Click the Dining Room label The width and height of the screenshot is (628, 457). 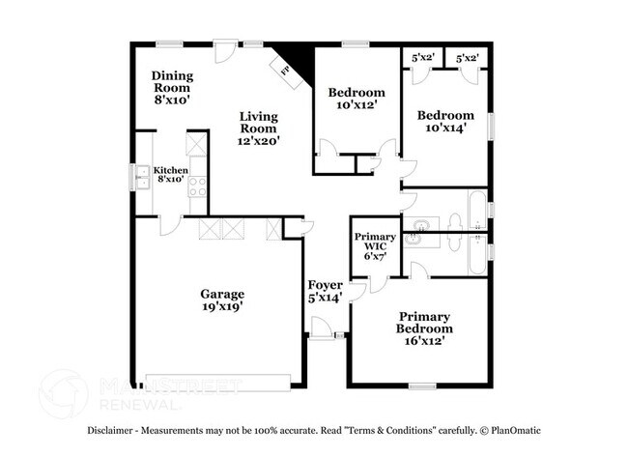pyautogui.click(x=172, y=87)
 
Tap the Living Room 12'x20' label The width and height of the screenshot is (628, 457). pyautogui.click(x=259, y=128)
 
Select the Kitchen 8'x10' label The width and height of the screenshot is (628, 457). pyautogui.click(x=171, y=174)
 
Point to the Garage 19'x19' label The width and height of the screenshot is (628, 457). pyautogui.click(x=222, y=300)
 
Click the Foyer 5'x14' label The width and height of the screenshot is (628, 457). pyautogui.click(x=326, y=292)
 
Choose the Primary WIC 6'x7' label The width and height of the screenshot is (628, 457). pyautogui.click(x=375, y=246)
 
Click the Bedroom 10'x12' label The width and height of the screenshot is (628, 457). pyautogui.click(x=357, y=99)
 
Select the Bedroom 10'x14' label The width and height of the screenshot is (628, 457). pyautogui.click(x=445, y=121)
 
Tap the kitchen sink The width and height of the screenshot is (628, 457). pyautogui.click(x=141, y=176)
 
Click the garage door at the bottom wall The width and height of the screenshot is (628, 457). pyautogui.click(x=216, y=380)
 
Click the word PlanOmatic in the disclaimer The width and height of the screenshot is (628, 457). pyautogui.click(x=513, y=430)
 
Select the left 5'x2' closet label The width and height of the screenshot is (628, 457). pyautogui.click(x=423, y=58)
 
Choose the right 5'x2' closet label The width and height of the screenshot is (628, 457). pyautogui.click(x=468, y=58)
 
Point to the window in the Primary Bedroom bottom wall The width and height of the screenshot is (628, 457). pyautogui.click(x=421, y=386)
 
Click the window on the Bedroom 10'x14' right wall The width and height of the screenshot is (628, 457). pyautogui.click(x=491, y=126)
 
